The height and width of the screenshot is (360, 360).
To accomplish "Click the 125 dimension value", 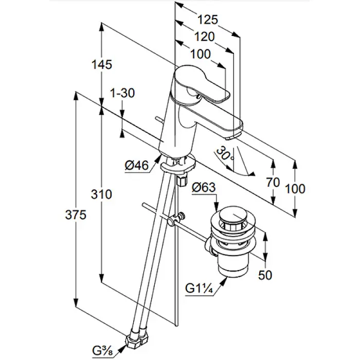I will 207,20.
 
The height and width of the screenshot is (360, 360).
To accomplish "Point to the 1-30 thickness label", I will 122,93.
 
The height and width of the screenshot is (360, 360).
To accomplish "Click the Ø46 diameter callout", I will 136,165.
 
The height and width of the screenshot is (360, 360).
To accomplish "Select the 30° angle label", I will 225,153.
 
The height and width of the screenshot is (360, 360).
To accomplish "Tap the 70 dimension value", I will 274,182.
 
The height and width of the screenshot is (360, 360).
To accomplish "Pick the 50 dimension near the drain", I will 265,276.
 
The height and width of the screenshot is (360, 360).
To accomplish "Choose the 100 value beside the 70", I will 295,189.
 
